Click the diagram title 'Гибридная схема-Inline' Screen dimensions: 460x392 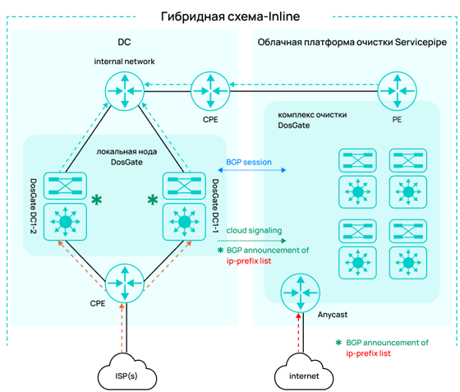point(230,16)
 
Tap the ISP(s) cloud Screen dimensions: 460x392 point(126,371)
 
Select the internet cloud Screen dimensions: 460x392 point(304,371)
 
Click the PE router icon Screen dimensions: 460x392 point(397,91)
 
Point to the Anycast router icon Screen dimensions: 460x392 point(300,293)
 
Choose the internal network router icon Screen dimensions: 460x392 point(125,91)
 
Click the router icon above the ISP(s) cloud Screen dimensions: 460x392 point(125,284)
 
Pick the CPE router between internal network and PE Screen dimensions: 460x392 point(210,91)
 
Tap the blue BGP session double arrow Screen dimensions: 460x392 point(251,170)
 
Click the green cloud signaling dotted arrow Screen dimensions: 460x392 point(251,241)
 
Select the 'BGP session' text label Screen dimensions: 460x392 point(249,162)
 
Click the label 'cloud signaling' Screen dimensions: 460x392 point(254,231)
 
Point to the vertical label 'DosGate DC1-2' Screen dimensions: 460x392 point(34,206)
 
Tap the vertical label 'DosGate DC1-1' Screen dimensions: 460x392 point(215,206)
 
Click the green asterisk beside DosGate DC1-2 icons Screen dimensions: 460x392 point(97,200)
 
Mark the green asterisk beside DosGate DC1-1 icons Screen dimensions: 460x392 point(153,200)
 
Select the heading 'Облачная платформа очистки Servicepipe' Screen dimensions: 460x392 point(352,42)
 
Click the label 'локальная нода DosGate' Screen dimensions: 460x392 point(126,157)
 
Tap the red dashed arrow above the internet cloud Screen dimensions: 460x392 point(299,333)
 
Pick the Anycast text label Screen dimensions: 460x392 point(333,315)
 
